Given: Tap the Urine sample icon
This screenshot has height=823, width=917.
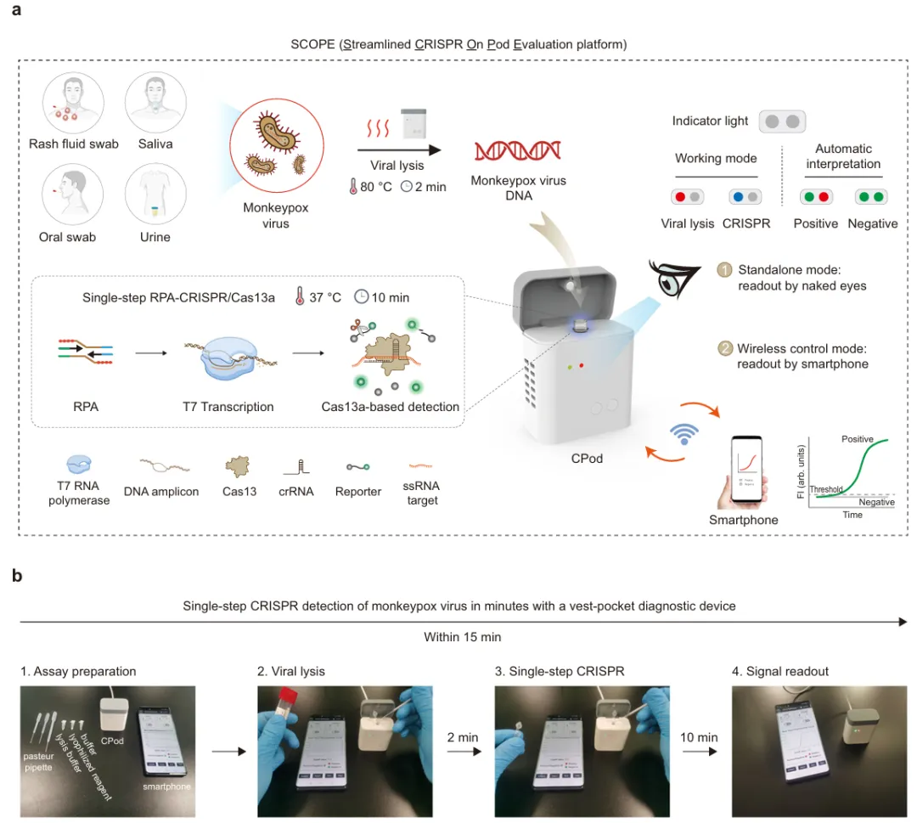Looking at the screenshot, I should coord(155,194).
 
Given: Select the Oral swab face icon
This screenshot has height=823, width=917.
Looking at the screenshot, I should coord(70,194).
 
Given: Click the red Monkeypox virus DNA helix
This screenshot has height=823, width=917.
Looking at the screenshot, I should coord(517,150).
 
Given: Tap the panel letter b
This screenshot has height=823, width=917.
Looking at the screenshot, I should coord(18,576).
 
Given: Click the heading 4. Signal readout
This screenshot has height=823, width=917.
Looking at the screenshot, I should coord(780,671).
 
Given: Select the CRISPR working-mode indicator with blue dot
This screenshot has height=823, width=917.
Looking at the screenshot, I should coord(745,197).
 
